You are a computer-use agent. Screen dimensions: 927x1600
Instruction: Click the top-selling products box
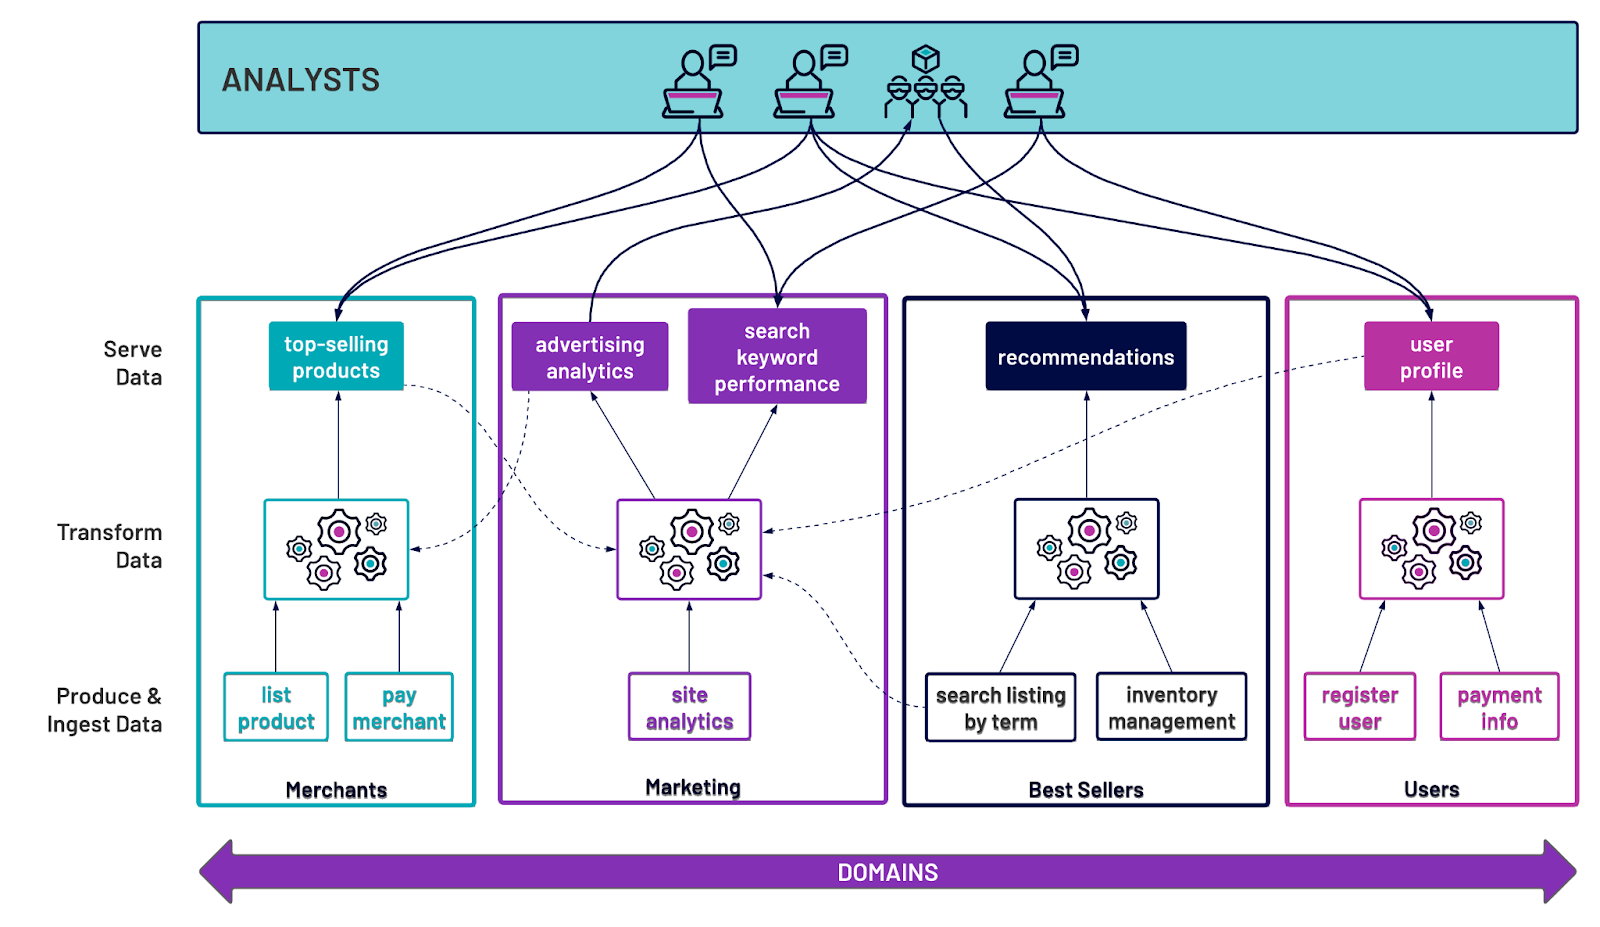tap(336, 356)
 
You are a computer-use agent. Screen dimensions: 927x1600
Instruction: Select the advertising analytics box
tap(589, 357)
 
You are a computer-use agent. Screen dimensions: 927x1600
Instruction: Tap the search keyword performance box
tap(777, 356)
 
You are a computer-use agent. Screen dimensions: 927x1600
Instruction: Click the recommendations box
tap(1085, 356)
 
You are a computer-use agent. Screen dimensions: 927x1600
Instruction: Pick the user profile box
tap(1431, 356)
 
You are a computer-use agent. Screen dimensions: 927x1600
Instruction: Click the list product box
tap(276, 707)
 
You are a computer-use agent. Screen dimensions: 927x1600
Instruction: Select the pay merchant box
tap(399, 707)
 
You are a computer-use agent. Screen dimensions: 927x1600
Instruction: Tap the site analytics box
tap(689, 707)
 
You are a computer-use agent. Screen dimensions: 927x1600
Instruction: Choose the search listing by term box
tap(1000, 707)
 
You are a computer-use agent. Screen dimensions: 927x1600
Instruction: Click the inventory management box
tap(1171, 707)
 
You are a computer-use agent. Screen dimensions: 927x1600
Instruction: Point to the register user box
tap(1359, 707)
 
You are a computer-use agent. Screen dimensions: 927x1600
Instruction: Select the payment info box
tap(1499, 707)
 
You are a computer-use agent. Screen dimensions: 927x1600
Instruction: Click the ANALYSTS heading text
tap(301, 80)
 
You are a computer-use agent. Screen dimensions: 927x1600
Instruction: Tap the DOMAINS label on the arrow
tap(887, 872)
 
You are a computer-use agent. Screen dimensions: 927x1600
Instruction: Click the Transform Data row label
tap(110, 546)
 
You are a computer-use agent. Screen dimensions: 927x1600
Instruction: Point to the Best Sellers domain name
tap(1085, 790)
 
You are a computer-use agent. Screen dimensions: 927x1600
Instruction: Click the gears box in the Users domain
tap(1431, 549)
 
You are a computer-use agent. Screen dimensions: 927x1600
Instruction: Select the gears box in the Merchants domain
tap(336, 549)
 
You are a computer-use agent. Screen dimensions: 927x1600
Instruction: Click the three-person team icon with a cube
tap(926, 82)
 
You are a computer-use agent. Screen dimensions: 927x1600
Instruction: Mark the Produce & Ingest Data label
tap(105, 710)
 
